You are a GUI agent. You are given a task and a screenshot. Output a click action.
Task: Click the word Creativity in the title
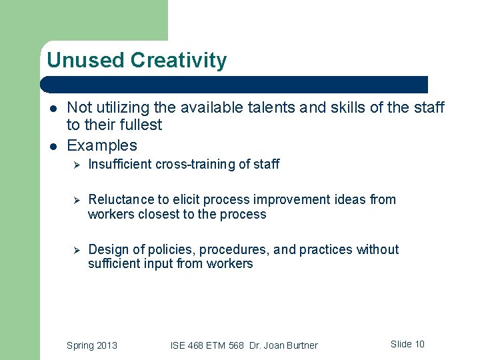click(x=179, y=61)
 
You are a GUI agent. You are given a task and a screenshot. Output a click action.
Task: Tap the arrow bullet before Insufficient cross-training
click(x=76, y=165)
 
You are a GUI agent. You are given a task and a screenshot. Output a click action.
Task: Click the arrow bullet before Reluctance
click(x=76, y=200)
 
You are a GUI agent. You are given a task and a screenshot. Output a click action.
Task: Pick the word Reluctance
click(x=119, y=199)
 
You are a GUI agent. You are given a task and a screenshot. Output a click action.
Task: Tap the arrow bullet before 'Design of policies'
click(x=76, y=250)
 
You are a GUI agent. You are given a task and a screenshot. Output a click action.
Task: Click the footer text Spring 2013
click(x=92, y=345)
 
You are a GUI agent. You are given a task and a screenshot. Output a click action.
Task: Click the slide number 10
click(x=419, y=344)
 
